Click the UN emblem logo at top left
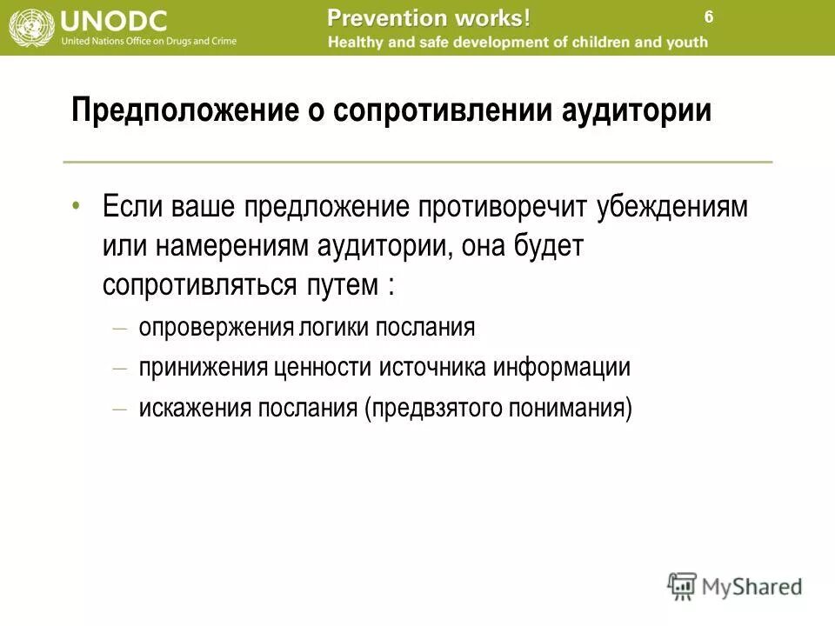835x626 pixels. tap(30, 27)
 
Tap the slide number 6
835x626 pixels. tap(709, 17)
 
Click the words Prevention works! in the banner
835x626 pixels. tap(429, 17)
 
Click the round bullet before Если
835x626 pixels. tap(77, 205)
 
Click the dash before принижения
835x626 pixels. tap(120, 368)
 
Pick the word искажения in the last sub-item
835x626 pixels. tap(194, 407)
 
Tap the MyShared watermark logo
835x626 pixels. tap(735, 585)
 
